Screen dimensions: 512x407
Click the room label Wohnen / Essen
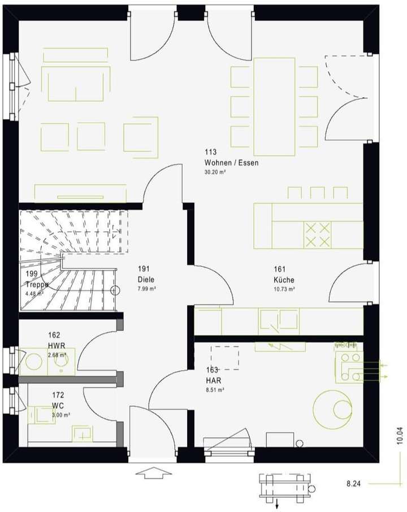click(231, 163)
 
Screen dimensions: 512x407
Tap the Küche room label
click(284, 280)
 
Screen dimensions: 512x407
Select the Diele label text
click(146, 280)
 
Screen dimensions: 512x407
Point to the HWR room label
click(57, 345)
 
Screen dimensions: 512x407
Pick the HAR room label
click(213, 380)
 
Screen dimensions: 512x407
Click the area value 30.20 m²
click(215, 172)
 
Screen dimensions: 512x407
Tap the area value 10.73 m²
click(284, 289)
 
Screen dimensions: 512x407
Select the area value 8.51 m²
click(215, 389)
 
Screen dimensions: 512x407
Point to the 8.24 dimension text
click(354, 484)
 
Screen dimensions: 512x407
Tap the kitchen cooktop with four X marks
click(317, 235)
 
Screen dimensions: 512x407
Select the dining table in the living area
click(275, 106)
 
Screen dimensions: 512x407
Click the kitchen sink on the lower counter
click(278, 321)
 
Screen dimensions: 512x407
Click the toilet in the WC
click(41, 415)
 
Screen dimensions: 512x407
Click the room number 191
click(144, 270)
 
